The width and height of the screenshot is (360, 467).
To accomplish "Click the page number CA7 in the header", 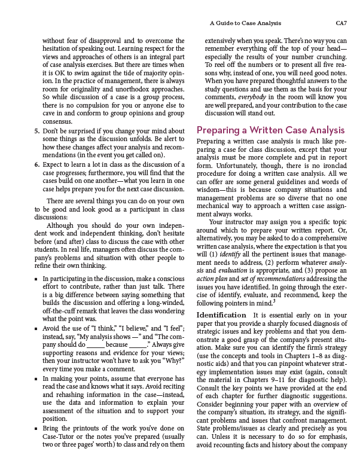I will (341, 23).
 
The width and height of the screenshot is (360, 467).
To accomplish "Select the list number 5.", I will (36, 131).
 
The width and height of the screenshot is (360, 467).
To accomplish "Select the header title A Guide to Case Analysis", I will (246, 23).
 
